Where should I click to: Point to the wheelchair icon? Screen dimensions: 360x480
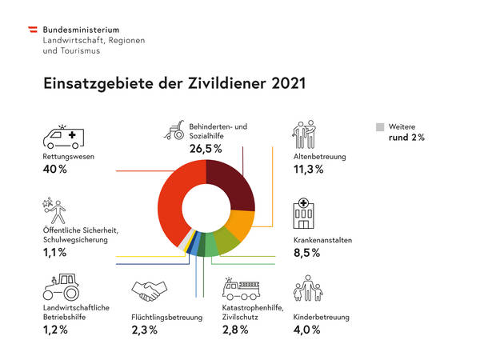point(175,131)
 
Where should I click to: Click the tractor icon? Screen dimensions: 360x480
point(62,288)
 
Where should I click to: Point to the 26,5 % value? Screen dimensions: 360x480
point(206,149)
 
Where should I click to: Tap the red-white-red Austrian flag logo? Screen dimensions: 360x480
point(32,30)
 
